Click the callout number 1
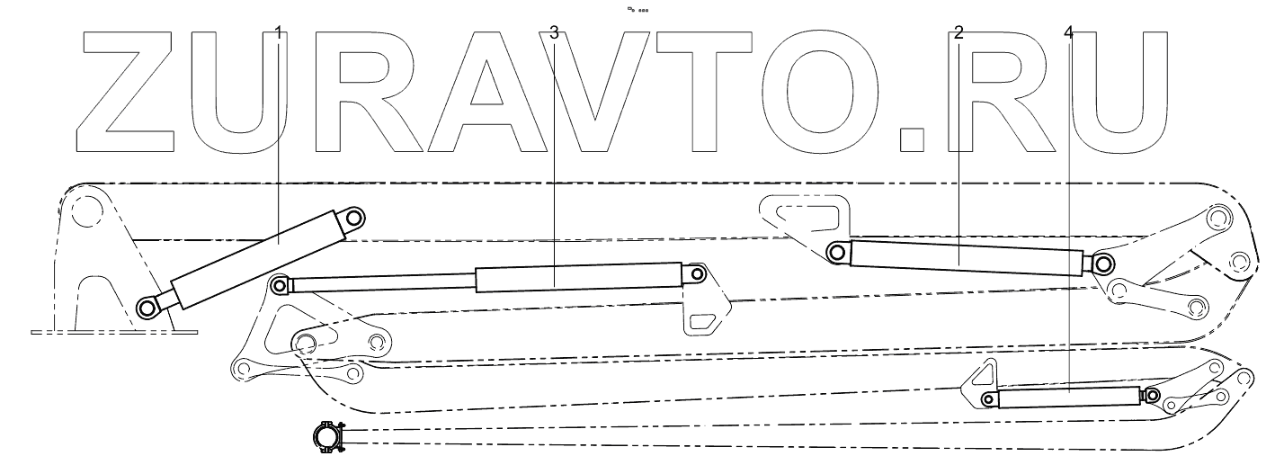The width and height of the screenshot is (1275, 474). [x=279, y=33]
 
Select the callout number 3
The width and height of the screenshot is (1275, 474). [x=554, y=33]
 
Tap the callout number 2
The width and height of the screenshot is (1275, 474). [x=958, y=33]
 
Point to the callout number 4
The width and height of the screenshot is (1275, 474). [x=1068, y=33]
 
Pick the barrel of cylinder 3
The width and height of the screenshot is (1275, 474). [x=575, y=277]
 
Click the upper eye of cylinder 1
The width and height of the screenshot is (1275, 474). [x=353, y=218]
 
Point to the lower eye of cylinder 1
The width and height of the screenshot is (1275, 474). [x=145, y=310]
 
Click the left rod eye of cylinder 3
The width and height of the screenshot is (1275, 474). [x=280, y=286]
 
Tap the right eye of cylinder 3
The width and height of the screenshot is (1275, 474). [x=697, y=273]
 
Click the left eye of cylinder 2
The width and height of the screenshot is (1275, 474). [x=837, y=253]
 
